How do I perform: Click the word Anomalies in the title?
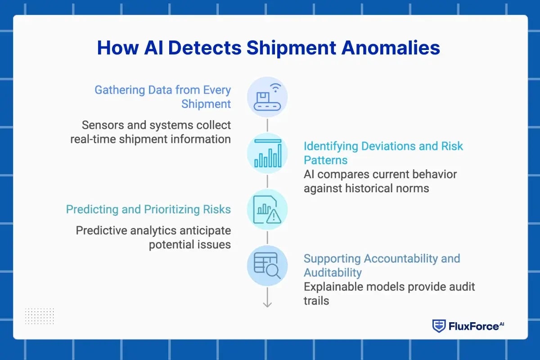click(391, 48)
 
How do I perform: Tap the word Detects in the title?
click(205, 48)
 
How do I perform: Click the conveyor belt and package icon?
click(267, 101)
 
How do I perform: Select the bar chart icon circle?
click(267, 153)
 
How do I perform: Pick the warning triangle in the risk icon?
click(274, 216)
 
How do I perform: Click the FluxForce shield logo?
click(439, 326)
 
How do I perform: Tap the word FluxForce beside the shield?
click(474, 327)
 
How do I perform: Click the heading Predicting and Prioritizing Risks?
click(148, 209)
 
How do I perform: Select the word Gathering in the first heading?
click(120, 90)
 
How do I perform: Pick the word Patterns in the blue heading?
click(325, 160)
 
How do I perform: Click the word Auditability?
click(333, 273)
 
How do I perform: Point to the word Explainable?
click(333, 287)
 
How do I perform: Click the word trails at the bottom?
click(316, 301)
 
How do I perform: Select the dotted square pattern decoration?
click(40, 316)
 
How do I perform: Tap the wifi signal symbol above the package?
click(275, 88)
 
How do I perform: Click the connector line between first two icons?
click(267, 125)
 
